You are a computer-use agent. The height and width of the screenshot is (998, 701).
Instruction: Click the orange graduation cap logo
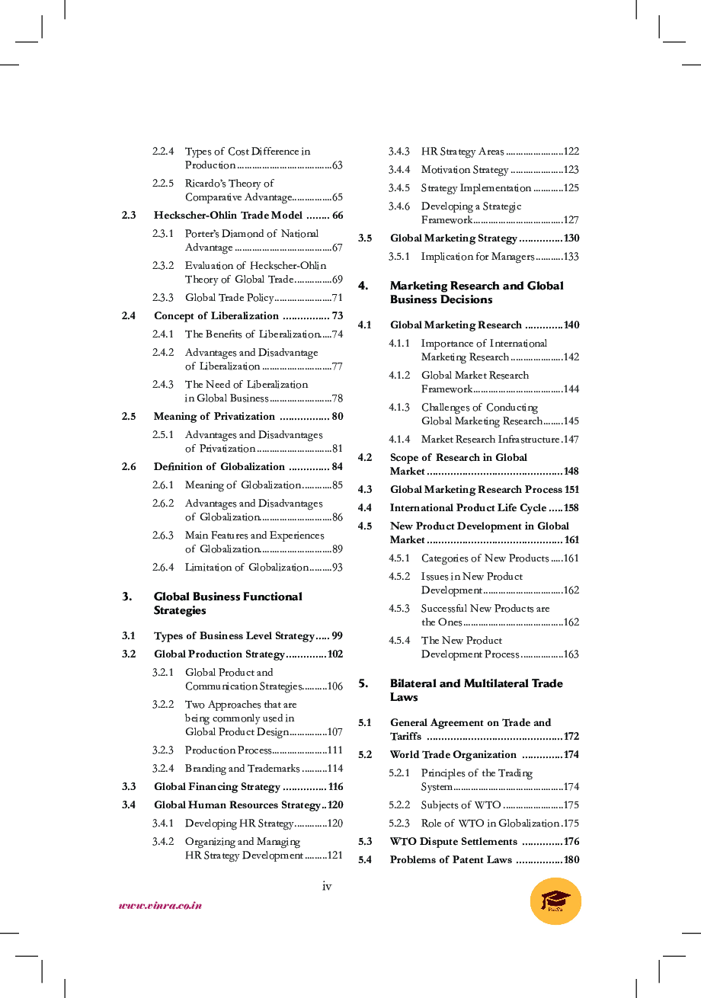pos(555,901)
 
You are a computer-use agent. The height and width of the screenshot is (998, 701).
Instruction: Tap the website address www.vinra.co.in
pos(160,906)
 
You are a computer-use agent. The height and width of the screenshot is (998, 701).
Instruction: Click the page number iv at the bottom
pos(327,885)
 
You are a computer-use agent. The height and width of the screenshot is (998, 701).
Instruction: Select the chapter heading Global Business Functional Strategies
pos(228,603)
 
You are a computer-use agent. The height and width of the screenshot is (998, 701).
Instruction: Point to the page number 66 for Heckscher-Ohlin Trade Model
pos(338,216)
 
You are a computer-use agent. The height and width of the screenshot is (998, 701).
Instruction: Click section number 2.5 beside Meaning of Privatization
pos(129,417)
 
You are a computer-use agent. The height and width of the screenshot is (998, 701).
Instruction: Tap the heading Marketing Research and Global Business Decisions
pos(476,293)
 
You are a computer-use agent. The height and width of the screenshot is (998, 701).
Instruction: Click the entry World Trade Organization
pos(453,755)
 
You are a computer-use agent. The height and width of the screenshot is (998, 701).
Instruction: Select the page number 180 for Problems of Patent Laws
pos(571,860)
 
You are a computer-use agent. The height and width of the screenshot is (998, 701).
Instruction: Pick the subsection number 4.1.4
pos(399,440)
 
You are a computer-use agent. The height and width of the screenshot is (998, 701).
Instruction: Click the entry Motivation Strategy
pos(464,170)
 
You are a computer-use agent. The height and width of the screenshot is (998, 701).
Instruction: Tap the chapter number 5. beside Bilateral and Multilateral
pos(363,683)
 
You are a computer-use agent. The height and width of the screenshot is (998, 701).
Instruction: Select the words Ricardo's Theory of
pos(229,184)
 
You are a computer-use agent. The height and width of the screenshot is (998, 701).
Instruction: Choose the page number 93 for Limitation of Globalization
pos(337,568)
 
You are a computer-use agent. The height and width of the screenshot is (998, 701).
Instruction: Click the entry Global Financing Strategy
pos(216,787)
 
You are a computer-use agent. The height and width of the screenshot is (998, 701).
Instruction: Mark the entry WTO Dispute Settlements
pos(453,842)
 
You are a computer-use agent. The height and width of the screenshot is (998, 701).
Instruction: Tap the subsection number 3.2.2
pos(162,705)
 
